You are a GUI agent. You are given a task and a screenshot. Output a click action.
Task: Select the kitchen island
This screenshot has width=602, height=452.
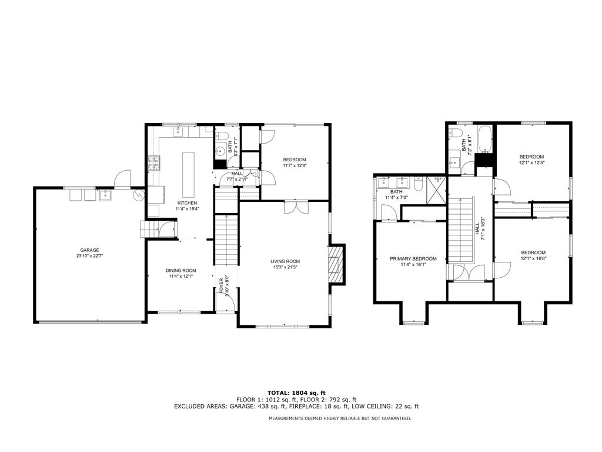(x=189, y=175)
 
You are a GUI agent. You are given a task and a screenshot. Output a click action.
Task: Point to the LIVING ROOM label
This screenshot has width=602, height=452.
(x=285, y=261)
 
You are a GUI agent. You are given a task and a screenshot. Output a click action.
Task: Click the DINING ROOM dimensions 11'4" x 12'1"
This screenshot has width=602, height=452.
(x=180, y=277)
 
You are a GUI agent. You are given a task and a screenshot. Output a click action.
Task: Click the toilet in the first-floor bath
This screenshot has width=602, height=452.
(x=230, y=136)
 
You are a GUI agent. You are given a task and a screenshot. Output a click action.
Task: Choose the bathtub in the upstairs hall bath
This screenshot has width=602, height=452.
(x=486, y=138)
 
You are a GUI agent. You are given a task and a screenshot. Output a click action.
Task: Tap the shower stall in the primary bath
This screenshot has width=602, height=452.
(x=436, y=188)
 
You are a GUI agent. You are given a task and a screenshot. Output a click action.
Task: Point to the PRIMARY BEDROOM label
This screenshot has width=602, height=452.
(x=413, y=258)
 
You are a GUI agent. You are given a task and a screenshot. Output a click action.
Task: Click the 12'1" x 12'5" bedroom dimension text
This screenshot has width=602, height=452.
(x=533, y=162)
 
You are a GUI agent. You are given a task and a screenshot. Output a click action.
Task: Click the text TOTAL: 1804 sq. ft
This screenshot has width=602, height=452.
(x=296, y=393)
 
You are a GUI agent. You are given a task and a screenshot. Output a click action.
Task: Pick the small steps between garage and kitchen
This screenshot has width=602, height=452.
(x=148, y=229)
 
